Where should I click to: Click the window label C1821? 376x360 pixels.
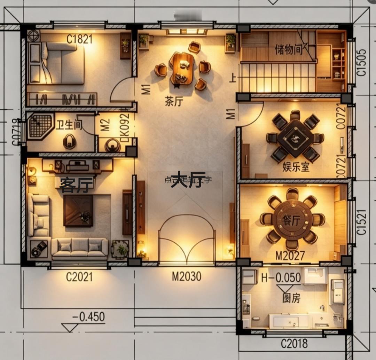click(80, 39)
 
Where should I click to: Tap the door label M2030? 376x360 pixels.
click(187, 276)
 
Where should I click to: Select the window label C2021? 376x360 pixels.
click(79, 277)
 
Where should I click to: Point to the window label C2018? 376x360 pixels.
click(294, 344)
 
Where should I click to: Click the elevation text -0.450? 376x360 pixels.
click(88, 317)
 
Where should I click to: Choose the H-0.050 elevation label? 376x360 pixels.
click(281, 277)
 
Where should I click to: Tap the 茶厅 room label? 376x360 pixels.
click(174, 102)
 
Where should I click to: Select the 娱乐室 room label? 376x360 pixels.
click(296, 167)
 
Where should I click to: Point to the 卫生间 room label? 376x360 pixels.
click(69, 125)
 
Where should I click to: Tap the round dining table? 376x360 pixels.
click(292, 220)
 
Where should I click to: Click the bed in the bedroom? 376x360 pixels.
click(59, 63)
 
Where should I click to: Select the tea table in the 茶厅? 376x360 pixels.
click(182, 68)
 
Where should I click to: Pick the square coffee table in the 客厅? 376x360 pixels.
click(78, 211)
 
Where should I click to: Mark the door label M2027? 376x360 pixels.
click(290, 256)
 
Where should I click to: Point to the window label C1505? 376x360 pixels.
click(362, 63)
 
